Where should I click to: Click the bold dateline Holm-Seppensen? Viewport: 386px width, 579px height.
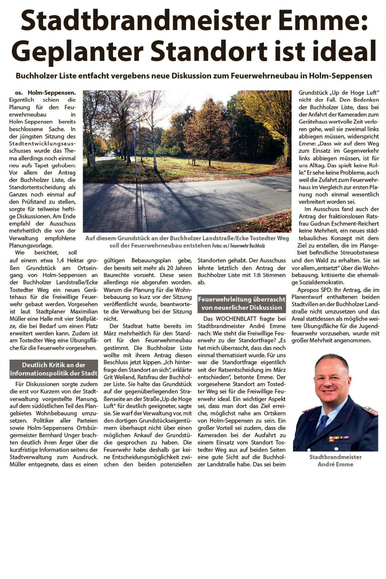52,93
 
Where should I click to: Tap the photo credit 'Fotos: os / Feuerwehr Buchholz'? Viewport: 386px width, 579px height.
238,246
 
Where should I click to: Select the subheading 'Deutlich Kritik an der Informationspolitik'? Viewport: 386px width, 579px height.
53,369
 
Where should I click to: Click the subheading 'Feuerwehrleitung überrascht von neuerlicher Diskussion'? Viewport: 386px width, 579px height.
242,303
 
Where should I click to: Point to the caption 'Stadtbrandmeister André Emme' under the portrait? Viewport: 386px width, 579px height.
335,461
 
